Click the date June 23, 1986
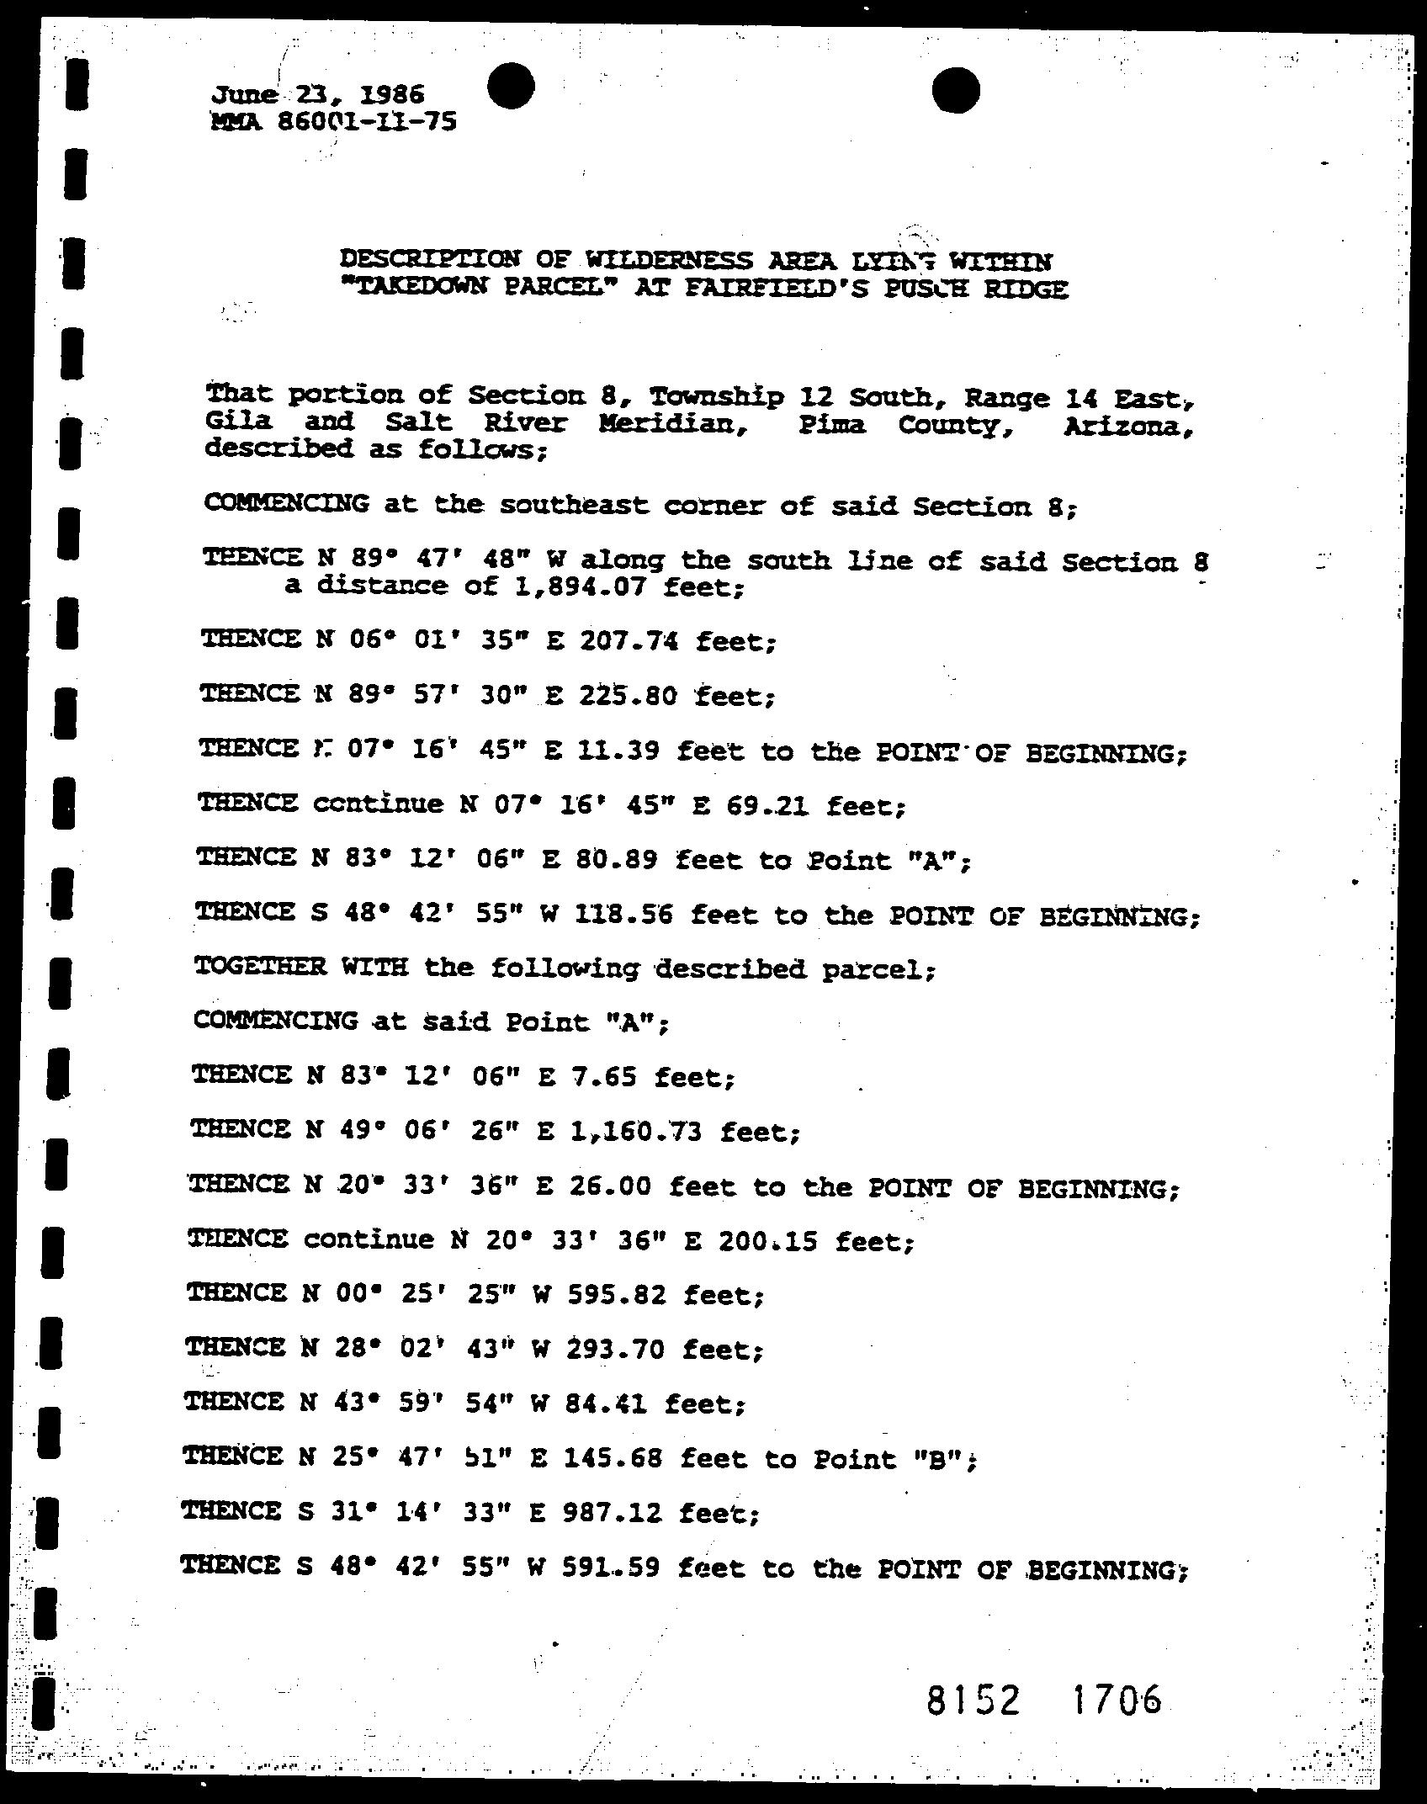[x=318, y=95]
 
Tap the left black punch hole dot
[x=510, y=87]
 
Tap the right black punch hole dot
[x=957, y=90]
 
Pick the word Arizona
[x=1127, y=428]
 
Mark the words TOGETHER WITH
[x=300, y=966]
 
